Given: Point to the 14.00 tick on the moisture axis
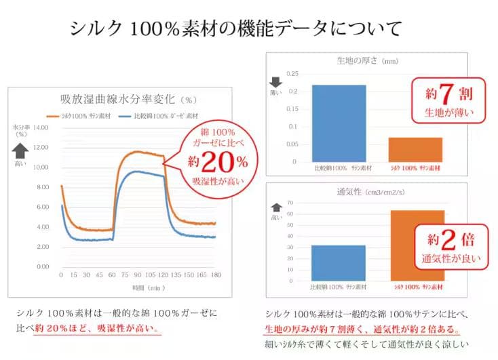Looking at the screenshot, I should click(41, 127).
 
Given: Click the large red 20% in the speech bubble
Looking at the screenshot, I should click(215, 163).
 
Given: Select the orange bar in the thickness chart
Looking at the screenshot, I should click(416, 149).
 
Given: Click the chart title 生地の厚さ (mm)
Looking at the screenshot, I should click(366, 60).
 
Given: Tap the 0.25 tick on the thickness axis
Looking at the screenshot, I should click(292, 74).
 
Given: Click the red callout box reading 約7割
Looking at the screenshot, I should click(448, 100).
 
